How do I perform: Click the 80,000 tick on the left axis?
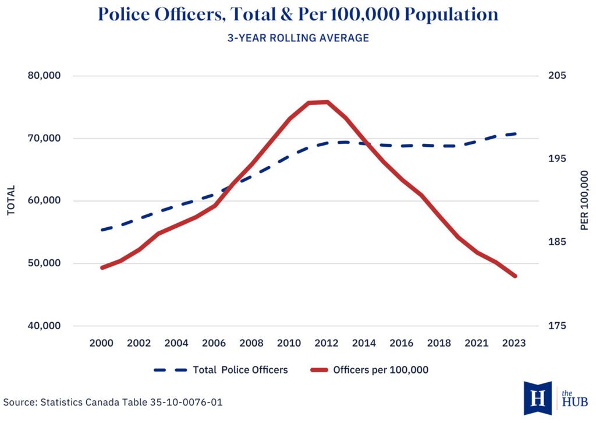(x=44, y=76)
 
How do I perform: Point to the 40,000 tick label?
(x=44, y=326)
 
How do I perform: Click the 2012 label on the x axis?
(x=327, y=343)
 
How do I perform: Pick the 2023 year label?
(x=514, y=343)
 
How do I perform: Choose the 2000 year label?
(x=101, y=343)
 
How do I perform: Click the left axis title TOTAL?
(x=11, y=200)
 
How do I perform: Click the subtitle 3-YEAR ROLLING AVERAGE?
(x=298, y=38)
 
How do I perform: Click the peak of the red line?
(x=319, y=103)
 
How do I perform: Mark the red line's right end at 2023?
(x=515, y=276)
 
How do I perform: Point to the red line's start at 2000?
(x=101, y=267)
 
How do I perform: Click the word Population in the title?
(x=452, y=15)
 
